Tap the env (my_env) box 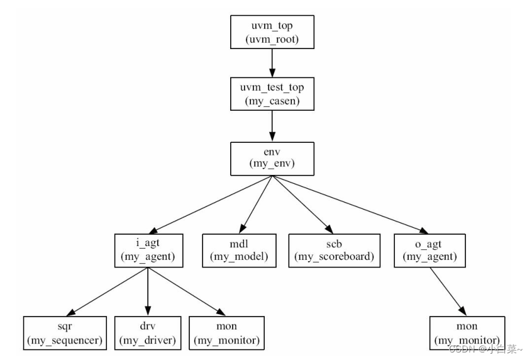click(x=272, y=159)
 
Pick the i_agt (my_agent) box click(x=148, y=250)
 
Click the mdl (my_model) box click(x=239, y=250)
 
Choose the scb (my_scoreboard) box click(x=334, y=250)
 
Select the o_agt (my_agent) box click(x=429, y=250)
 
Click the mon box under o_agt click(x=467, y=333)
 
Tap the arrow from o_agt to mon click(x=448, y=291)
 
